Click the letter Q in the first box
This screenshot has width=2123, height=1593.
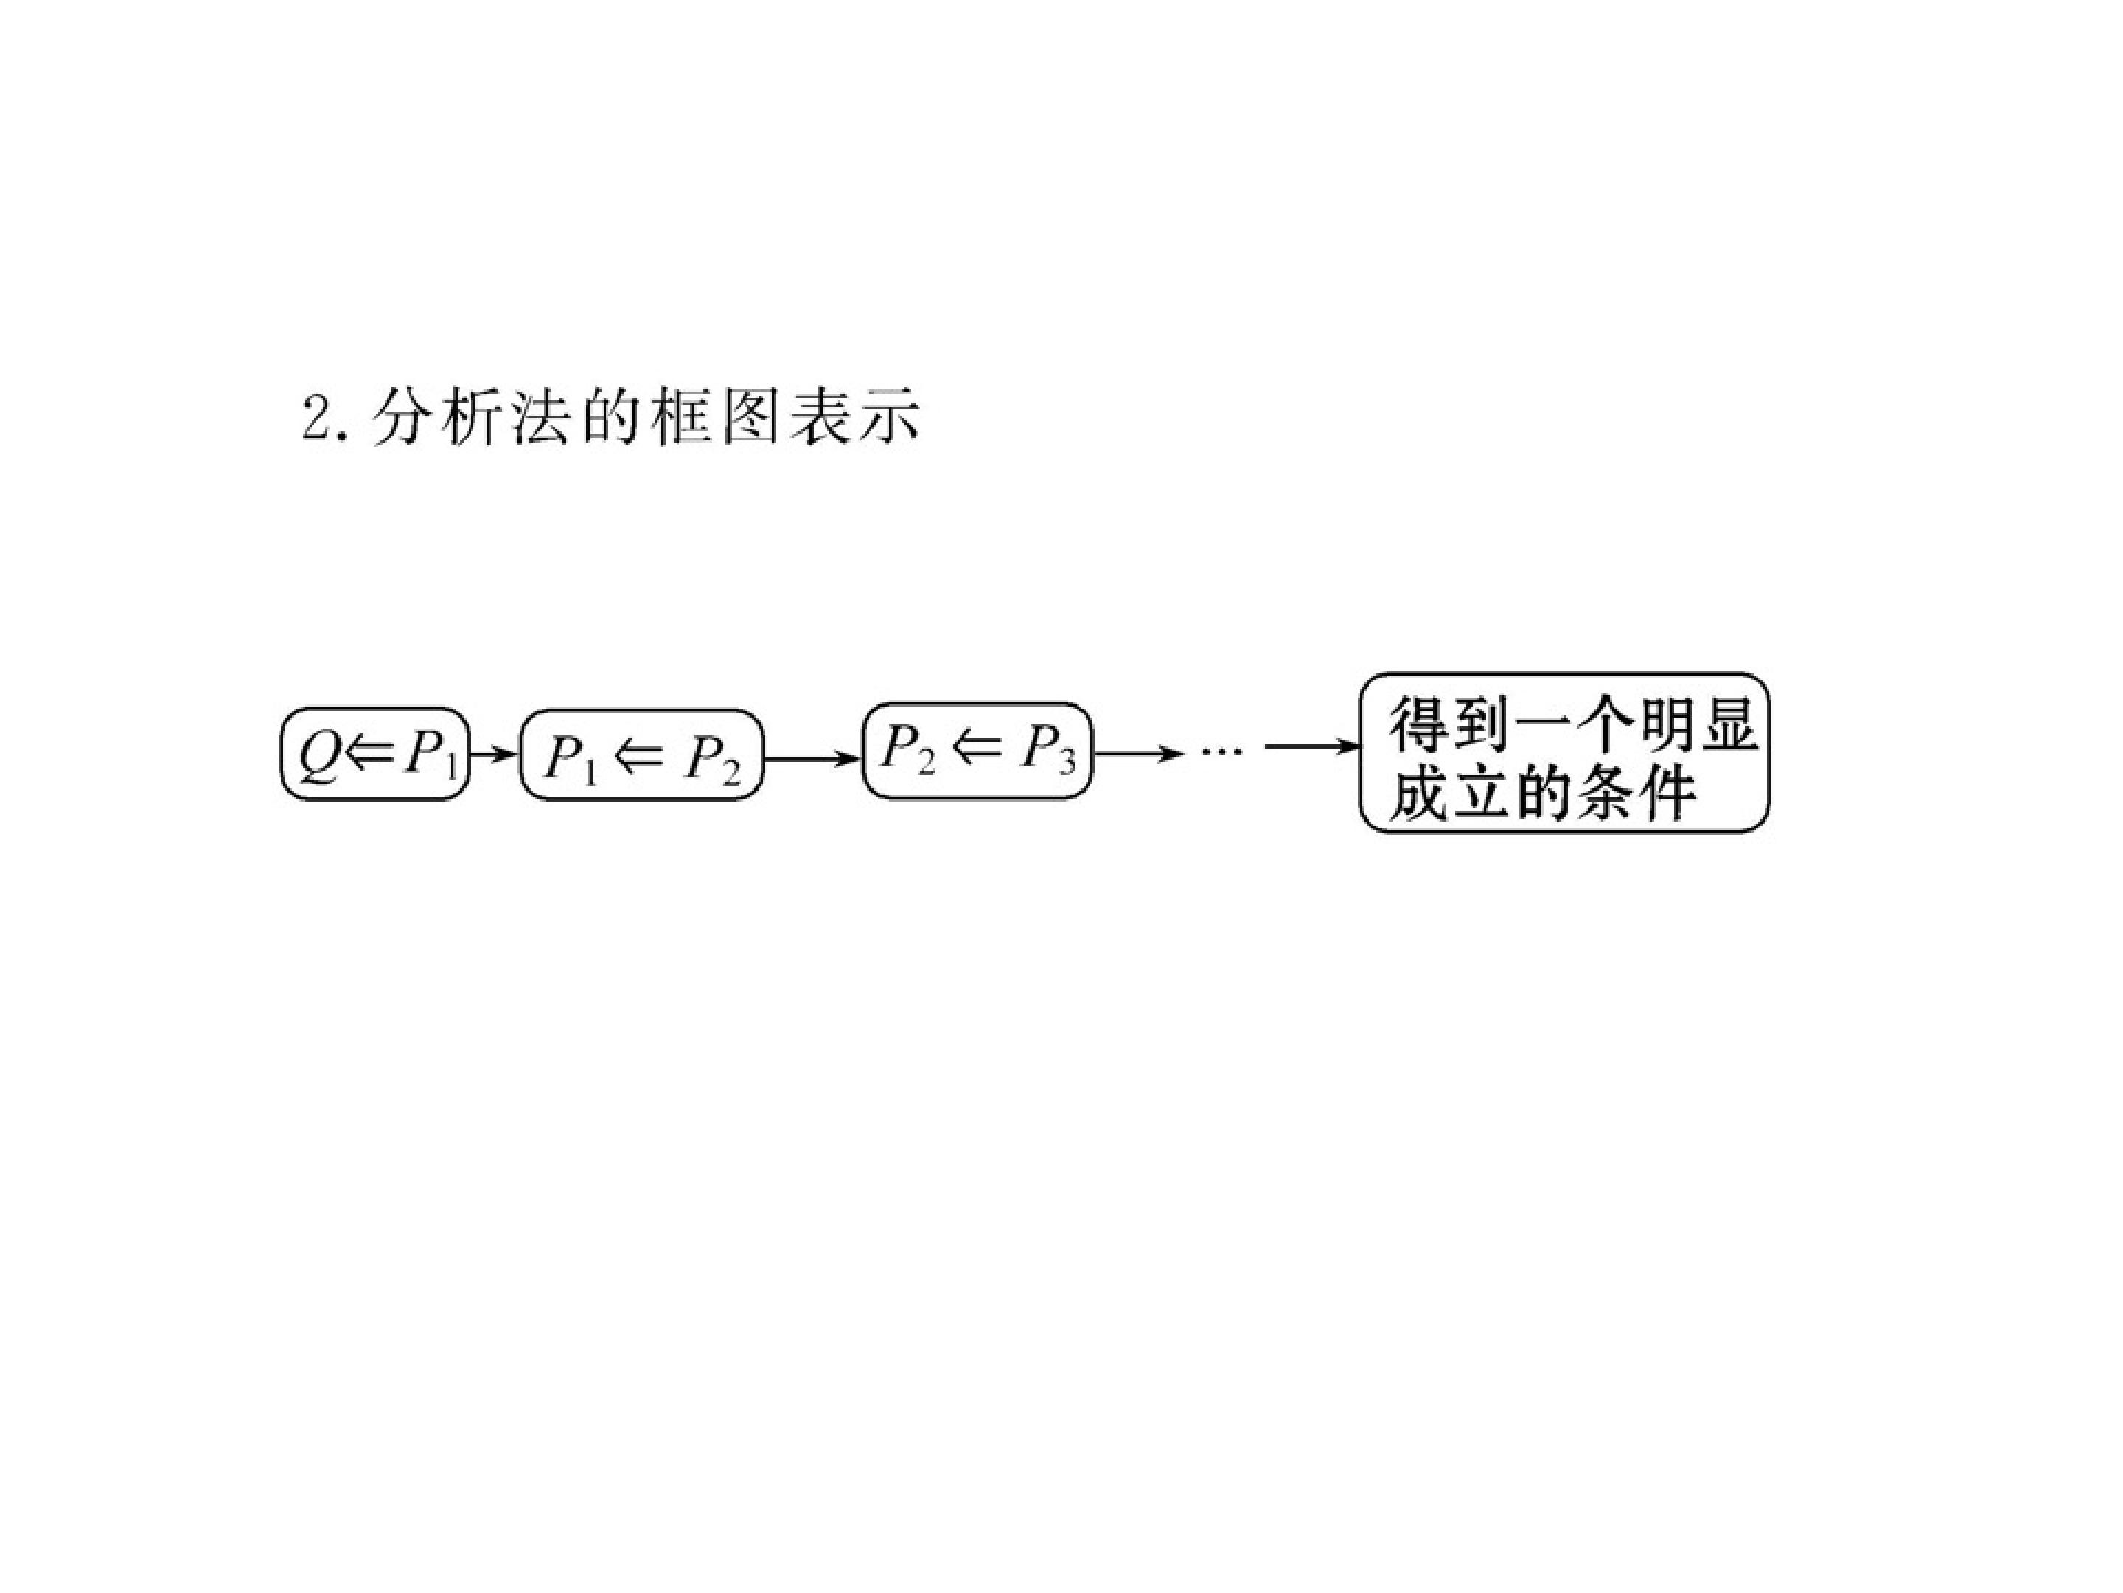318,757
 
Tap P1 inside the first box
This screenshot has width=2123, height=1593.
428,757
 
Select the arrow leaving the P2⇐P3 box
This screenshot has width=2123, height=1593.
1138,754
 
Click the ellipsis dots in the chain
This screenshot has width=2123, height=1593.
1221,749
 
